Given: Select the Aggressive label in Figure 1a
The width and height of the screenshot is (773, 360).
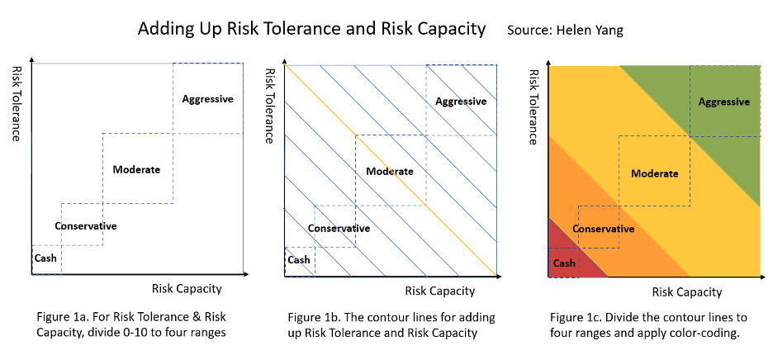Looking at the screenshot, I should (208, 99).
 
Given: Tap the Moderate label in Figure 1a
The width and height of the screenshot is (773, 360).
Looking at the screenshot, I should (136, 169).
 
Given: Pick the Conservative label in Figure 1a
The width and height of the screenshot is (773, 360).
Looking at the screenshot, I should (86, 226).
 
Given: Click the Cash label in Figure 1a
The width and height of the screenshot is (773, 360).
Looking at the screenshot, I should (45, 258).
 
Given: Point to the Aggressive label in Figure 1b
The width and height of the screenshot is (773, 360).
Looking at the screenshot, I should (461, 102).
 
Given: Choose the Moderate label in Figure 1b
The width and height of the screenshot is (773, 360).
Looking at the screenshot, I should (390, 172).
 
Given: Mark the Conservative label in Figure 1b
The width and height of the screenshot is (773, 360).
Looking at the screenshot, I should (339, 229).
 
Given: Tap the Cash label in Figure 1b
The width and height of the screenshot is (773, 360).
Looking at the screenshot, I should (299, 260).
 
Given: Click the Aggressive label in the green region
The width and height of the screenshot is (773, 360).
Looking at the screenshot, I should (724, 102).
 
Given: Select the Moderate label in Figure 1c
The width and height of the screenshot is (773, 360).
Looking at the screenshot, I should (654, 173).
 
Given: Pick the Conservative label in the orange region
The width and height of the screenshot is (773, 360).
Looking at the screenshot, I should (603, 229).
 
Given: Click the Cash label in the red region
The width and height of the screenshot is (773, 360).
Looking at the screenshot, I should (564, 263).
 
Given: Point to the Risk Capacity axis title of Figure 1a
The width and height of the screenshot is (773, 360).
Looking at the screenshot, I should (187, 288).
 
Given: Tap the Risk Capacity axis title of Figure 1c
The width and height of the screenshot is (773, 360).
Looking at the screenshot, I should (687, 291).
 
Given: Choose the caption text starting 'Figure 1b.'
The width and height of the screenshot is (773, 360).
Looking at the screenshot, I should (383, 325).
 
